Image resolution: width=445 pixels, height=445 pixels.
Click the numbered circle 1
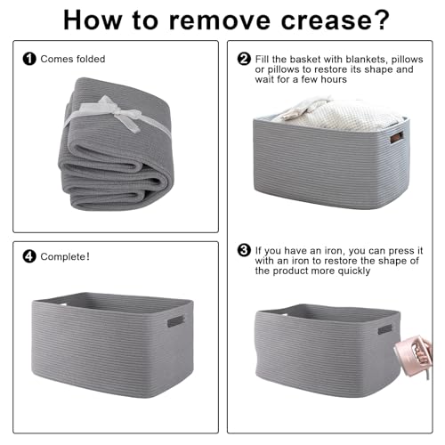pyautogui.click(x=29, y=59)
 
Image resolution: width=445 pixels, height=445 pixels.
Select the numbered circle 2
pyautogui.click(x=244, y=59)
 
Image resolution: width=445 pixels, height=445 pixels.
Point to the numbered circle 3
pyautogui.click(x=244, y=250)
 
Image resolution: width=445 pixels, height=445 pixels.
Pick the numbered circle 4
pyautogui.click(x=29, y=256)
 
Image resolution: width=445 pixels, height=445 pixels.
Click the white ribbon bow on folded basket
pyautogui.click(x=118, y=114)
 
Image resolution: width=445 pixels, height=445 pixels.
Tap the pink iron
pyautogui.click(x=413, y=355)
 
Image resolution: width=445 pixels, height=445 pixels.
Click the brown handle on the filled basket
pyautogui.click(x=397, y=137)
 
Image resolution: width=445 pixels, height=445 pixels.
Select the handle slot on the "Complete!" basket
pyautogui.click(x=176, y=321)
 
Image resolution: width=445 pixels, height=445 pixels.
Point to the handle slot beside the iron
pyautogui.click(x=384, y=329)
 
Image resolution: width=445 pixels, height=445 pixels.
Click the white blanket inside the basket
pyautogui.click(x=336, y=114)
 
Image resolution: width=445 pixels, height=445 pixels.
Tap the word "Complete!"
pyautogui.click(x=65, y=256)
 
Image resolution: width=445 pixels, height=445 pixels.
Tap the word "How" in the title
pyautogui.click(x=93, y=20)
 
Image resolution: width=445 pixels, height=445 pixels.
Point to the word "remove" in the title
pyautogui.click(x=220, y=21)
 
